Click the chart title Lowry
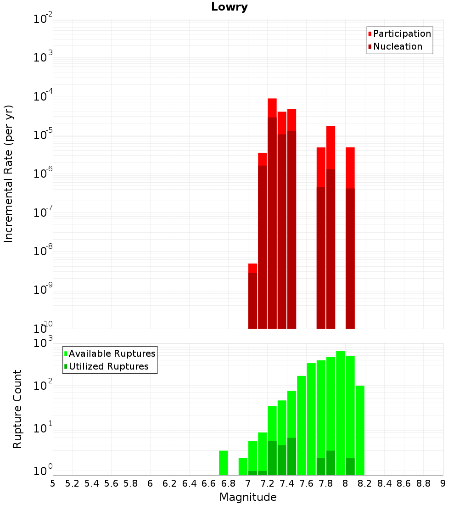point(229,7)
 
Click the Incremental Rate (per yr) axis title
point(8,174)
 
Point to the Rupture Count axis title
point(17,409)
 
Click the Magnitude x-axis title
point(248,497)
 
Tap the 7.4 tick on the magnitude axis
point(287,483)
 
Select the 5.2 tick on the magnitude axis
point(72,483)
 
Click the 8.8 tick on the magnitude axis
point(423,483)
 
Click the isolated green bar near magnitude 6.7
point(224,463)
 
